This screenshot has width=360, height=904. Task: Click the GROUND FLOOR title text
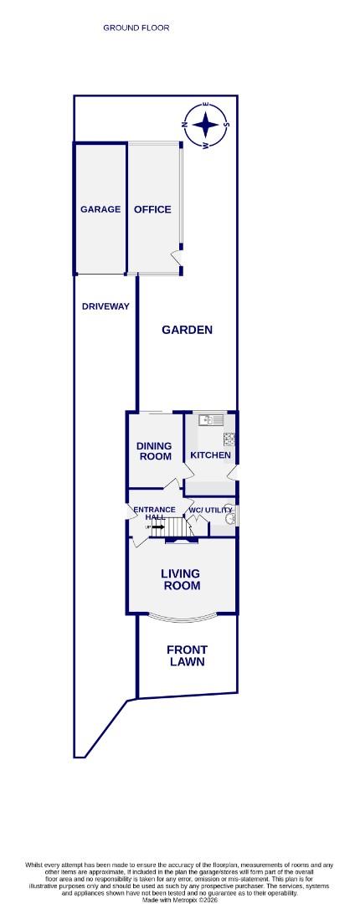coord(136,28)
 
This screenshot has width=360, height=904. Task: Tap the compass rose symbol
coord(205,126)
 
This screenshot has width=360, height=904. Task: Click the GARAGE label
coord(100,209)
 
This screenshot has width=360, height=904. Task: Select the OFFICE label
coord(152,209)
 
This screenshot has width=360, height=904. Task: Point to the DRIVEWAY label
coord(105,306)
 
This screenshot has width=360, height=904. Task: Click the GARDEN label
coord(187,330)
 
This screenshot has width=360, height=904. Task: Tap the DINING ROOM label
coord(154,451)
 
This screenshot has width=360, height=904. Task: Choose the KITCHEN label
coord(210,455)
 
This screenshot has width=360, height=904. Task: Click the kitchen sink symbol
coord(205,420)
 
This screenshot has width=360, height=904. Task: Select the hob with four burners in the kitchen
coord(229,438)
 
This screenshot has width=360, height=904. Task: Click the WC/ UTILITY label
coord(210,510)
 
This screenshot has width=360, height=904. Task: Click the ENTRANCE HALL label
coord(154,513)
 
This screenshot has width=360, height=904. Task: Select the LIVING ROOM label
coord(181,579)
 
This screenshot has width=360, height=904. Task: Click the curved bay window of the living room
coord(181,619)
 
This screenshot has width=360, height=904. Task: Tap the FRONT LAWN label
coord(187,655)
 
